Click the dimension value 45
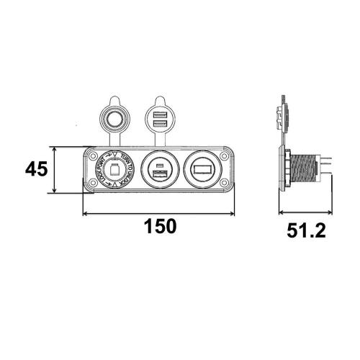click(36, 170)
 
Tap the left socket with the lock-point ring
click(113, 170)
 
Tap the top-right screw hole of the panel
click(225, 155)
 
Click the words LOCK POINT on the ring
click(100, 172)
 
